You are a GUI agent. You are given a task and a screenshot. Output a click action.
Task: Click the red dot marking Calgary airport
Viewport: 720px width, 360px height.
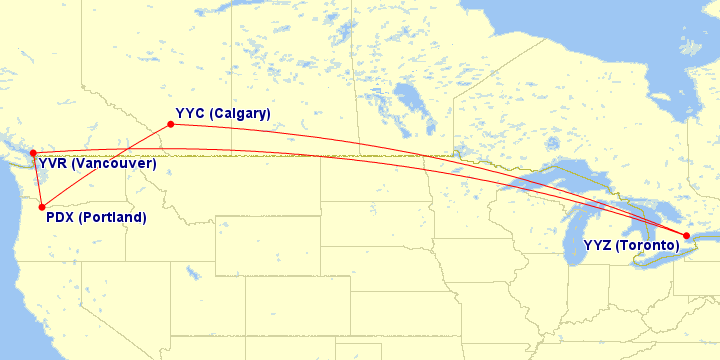tap(171, 124)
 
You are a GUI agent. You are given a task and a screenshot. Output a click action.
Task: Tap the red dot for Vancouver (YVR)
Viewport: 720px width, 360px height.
tap(33, 153)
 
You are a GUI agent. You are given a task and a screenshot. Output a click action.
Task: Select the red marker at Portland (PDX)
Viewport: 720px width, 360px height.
tap(42, 207)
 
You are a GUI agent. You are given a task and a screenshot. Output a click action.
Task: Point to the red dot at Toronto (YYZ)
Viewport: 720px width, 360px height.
tap(686, 236)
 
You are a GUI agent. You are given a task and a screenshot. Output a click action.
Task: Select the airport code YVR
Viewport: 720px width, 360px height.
tap(53, 163)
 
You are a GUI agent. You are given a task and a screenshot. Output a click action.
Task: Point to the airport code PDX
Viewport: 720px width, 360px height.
tap(62, 217)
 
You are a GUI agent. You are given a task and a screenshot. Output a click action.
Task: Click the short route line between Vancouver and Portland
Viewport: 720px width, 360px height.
tap(37, 180)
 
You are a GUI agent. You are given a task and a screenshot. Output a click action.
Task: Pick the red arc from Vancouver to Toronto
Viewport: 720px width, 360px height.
tap(300, 152)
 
